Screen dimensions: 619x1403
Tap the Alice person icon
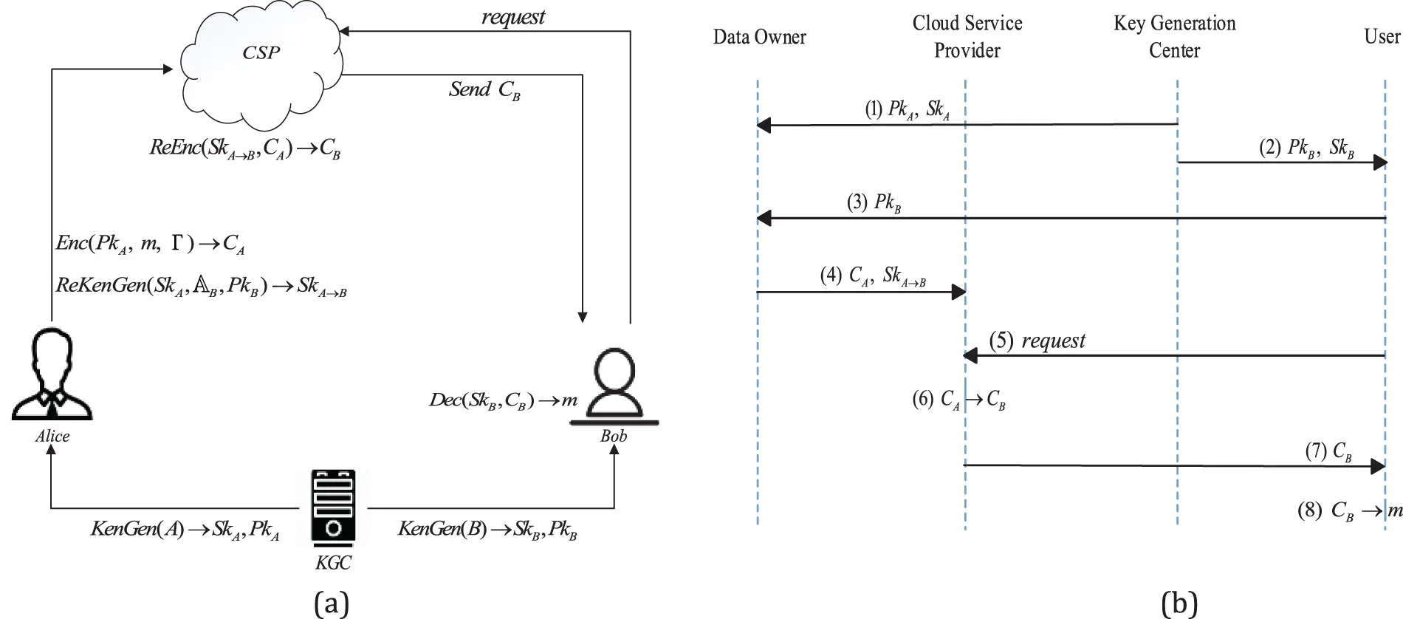pos(52,377)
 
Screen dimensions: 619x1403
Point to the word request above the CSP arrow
pos(513,17)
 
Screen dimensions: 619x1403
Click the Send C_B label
pos(484,90)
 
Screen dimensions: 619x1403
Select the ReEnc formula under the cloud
pos(245,148)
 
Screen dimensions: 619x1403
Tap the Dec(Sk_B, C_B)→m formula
pos(503,400)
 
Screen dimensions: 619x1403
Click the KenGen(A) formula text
pos(185,529)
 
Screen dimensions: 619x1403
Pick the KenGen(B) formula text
pos(487,529)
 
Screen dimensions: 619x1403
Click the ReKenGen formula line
pos(201,286)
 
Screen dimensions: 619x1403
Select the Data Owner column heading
pos(759,37)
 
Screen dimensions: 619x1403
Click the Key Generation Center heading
pos(1174,37)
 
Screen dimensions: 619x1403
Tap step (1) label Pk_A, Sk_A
pos(907,109)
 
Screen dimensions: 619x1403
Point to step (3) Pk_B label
pos(874,203)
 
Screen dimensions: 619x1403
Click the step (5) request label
pos(1037,341)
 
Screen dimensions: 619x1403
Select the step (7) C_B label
pos(1328,451)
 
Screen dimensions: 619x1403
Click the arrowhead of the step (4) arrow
pos(958,293)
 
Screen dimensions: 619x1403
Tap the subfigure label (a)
pos(331,603)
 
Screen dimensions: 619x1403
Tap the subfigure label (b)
pos(1179,603)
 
